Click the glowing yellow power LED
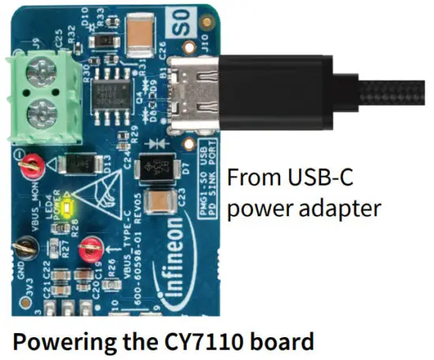click(69, 208)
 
